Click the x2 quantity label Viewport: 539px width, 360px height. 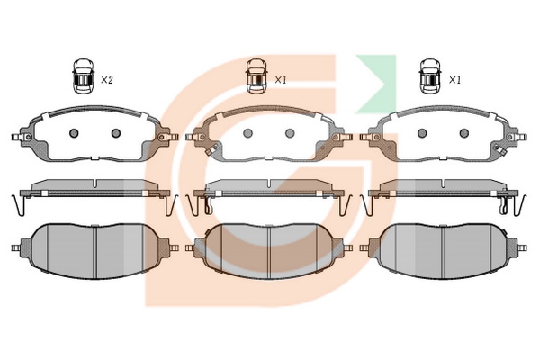106,80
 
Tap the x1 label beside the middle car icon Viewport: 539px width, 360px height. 281,80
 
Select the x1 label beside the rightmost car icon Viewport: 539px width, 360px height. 454,80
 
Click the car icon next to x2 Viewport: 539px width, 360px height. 83,76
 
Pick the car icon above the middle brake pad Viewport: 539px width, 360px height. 256,76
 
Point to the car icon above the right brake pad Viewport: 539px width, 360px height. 430,76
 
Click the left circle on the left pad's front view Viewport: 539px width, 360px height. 74,133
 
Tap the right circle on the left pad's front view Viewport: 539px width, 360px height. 116,133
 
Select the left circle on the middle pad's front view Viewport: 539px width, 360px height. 247,133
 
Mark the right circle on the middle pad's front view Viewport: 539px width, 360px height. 290,133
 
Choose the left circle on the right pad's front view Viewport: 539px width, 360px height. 422,133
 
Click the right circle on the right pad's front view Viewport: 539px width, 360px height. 464,133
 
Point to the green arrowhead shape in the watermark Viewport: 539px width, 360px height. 376,84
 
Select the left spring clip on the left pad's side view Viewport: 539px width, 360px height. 18,205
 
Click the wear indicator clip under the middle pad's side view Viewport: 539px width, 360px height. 209,205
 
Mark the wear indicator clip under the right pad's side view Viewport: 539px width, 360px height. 503,205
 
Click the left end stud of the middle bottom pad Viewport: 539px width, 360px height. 190,247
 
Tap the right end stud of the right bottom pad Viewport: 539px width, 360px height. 522,247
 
